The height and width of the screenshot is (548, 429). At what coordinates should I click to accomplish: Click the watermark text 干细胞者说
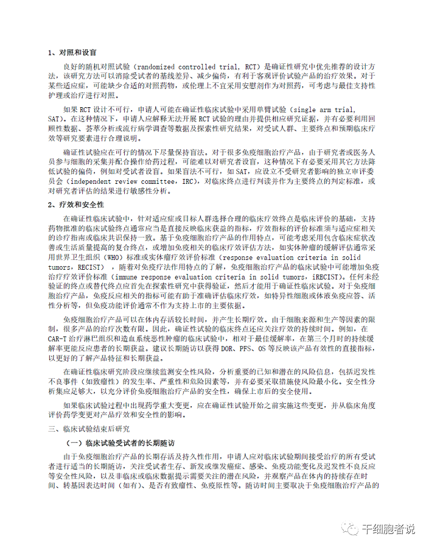(x=388, y=529)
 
